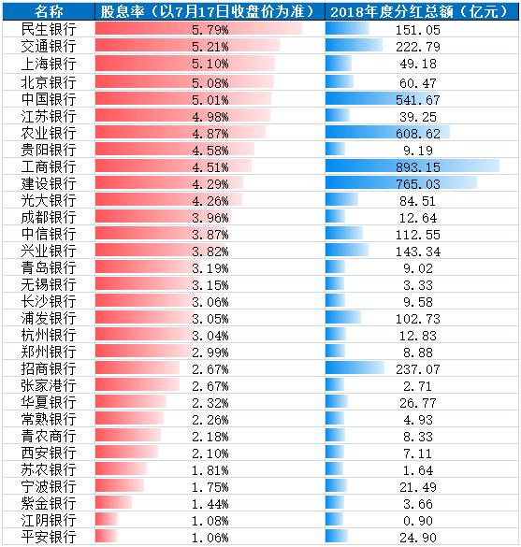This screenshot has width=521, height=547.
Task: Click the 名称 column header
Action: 49,12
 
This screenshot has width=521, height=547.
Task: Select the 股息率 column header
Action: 208,12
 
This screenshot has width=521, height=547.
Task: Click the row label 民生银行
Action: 49,30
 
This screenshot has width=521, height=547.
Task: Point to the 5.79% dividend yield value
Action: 210,30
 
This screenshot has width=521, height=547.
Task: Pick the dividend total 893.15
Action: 418,167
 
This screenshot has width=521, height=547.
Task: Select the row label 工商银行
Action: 49,166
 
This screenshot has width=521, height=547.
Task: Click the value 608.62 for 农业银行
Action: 418,134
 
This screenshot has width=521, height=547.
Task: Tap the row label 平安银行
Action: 49,538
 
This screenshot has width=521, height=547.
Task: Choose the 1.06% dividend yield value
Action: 210,538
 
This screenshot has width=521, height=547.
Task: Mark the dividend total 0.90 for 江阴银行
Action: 418,521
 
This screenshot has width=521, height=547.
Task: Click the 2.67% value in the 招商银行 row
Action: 210,369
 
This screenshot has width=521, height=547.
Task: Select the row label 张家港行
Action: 49,385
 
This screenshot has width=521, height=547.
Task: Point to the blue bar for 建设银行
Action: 401,182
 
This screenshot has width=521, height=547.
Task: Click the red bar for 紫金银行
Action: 113,502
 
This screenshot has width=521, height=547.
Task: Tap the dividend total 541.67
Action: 418,100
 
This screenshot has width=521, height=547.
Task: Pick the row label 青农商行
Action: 49,436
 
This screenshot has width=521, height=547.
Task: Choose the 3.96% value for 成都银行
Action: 210,218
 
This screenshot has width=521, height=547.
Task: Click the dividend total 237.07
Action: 418,369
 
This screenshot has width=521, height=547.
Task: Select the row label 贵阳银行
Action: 49,150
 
